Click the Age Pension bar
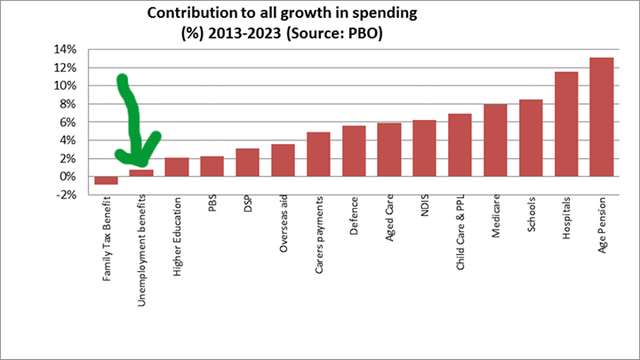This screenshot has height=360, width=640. [601, 117]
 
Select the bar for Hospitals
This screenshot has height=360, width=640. [566, 124]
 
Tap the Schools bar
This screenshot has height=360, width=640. [531, 138]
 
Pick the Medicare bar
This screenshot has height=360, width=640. [495, 140]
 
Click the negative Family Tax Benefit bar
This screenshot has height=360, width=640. [106, 180]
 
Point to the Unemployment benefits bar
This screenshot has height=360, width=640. [141, 173]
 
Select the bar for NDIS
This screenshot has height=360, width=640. [424, 148]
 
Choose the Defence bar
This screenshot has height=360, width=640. [354, 151]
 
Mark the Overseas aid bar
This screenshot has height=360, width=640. [283, 160]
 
